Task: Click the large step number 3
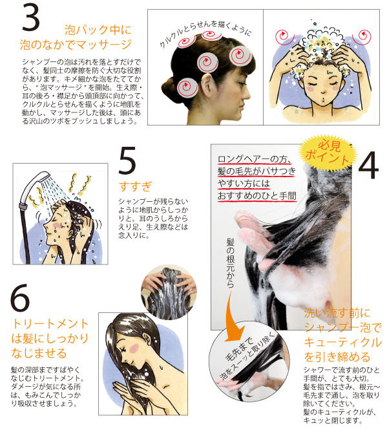click(x=31, y=18)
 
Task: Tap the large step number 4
click(x=368, y=165)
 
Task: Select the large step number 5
click(x=127, y=160)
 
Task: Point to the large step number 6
click(x=20, y=297)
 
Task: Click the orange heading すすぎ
click(x=135, y=186)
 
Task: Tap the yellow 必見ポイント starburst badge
click(x=328, y=152)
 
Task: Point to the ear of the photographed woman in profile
click(x=208, y=85)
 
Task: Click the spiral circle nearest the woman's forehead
click(x=240, y=56)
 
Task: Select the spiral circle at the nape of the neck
click(x=187, y=87)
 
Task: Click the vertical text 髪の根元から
click(x=231, y=263)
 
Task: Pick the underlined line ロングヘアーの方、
click(x=254, y=159)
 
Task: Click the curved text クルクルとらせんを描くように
click(x=205, y=32)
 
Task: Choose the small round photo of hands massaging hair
click(x=169, y=293)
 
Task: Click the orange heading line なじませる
click(x=39, y=353)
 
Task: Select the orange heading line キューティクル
click(x=342, y=342)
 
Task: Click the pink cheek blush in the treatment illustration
click(x=134, y=349)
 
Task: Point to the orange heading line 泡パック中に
click(x=98, y=30)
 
